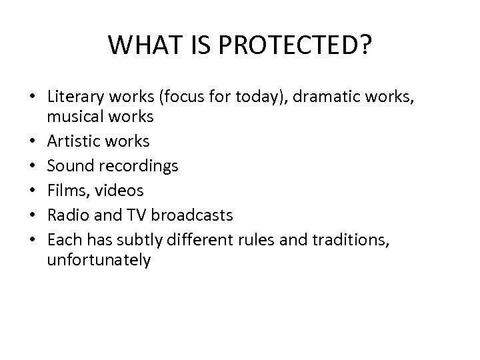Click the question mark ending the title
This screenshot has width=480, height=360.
(x=365, y=45)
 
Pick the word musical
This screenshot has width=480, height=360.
(x=75, y=117)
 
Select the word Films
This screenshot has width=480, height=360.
(x=65, y=191)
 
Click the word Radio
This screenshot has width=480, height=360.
(x=67, y=215)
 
